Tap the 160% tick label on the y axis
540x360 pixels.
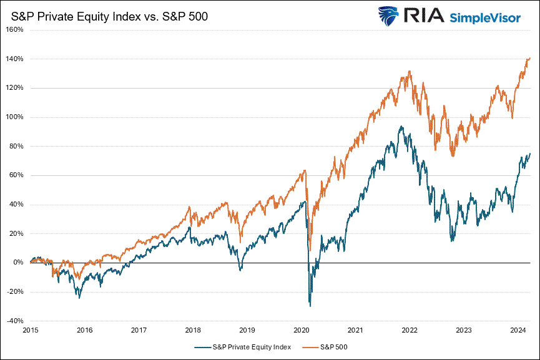click(15, 29)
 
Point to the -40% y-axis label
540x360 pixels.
click(15, 321)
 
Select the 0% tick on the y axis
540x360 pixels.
click(19, 263)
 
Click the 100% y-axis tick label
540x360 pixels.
click(15, 117)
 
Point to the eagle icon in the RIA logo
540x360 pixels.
click(388, 15)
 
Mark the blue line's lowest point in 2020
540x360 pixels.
click(310, 305)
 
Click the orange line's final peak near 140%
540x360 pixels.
click(529, 58)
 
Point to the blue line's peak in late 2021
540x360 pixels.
click(401, 127)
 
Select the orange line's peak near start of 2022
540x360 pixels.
click(409, 71)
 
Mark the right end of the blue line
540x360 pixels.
click(530, 153)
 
